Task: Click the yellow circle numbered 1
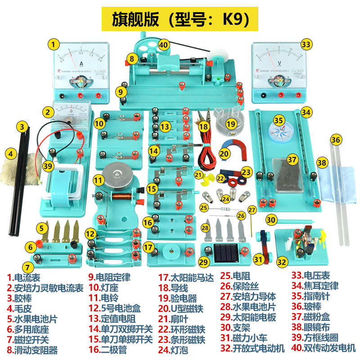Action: point(54,44)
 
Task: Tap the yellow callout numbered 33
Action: point(306,44)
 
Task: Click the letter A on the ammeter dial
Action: point(81,63)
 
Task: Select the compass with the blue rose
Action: point(279,130)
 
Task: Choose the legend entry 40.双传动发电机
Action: point(324,347)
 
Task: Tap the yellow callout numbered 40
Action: point(163,45)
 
